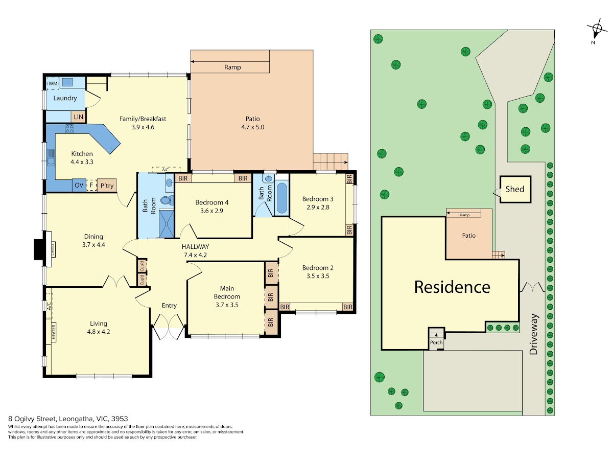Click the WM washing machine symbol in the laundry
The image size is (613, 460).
(53, 83)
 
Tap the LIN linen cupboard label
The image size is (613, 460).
(79, 117)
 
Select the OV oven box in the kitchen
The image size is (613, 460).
(79, 185)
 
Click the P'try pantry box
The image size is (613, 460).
(107, 185)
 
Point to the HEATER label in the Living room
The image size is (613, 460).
(54, 332)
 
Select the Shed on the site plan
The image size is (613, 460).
(515, 189)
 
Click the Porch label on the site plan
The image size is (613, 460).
(436, 342)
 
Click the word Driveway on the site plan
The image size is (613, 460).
(533, 334)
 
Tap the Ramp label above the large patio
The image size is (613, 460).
(232, 67)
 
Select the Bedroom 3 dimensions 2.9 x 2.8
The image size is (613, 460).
(318, 207)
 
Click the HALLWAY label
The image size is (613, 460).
(196, 247)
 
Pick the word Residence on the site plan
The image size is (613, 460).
(452, 287)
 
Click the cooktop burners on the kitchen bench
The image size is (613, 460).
(69, 128)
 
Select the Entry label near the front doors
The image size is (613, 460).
(169, 306)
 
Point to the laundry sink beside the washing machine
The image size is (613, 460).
(67, 82)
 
